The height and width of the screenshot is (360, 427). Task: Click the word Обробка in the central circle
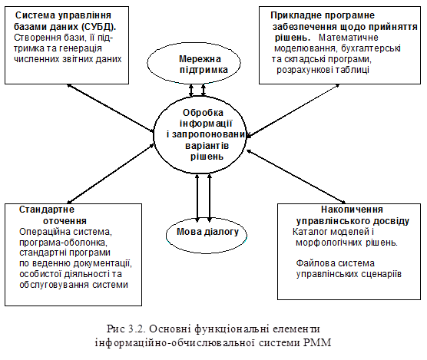pyautogui.click(x=203, y=113)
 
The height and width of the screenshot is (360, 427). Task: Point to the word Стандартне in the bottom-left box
pyautogui.click(x=47, y=210)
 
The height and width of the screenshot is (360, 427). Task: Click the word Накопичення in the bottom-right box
pyautogui.click(x=352, y=210)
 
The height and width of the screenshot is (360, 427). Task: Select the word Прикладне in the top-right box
pyautogui.click(x=293, y=15)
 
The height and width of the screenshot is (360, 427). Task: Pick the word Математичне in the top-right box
pyautogui.click(x=349, y=38)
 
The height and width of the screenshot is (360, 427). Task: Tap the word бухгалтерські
pyautogui.click(x=371, y=48)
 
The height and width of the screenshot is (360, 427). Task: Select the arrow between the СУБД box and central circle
pyautogui.click(x=111, y=108)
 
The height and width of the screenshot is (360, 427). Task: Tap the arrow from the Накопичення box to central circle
pyautogui.click(x=296, y=177)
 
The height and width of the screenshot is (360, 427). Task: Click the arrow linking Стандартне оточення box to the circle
pyautogui.click(x=111, y=174)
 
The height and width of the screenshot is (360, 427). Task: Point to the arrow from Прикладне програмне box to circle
pyautogui.click(x=293, y=111)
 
